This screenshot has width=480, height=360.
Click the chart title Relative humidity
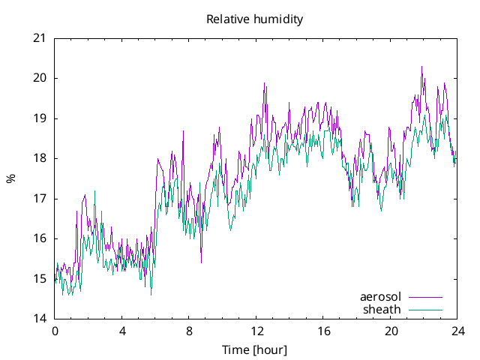pyautogui.click(x=255, y=19)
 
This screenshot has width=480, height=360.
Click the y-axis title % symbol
pyautogui.click(x=10, y=178)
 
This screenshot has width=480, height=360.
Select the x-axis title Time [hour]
pyautogui.click(x=255, y=350)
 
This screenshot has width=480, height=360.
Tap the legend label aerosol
pyautogui.click(x=381, y=297)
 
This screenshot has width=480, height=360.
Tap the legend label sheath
pyautogui.click(x=382, y=309)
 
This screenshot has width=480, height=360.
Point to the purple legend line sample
pyautogui.click(x=425, y=298)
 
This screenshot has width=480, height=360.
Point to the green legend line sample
pyautogui.click(x=425, y=309)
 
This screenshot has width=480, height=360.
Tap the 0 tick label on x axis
pyautogui.click(x=55, y=331)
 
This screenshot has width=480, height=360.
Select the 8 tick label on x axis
pyautogui.click(x=189, y=331)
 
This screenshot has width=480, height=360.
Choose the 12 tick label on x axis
pyautogui.click(x=256, y=331)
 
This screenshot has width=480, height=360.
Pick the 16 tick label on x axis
pyautogui.click(x=323, y=331)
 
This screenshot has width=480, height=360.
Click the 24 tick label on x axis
pyautogui.click(x=457, y=331)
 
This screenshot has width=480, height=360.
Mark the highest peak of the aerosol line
pyautogui.click(x=421, y=67)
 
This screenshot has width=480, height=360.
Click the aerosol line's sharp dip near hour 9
pyautogui.click(x=201, y=262)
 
